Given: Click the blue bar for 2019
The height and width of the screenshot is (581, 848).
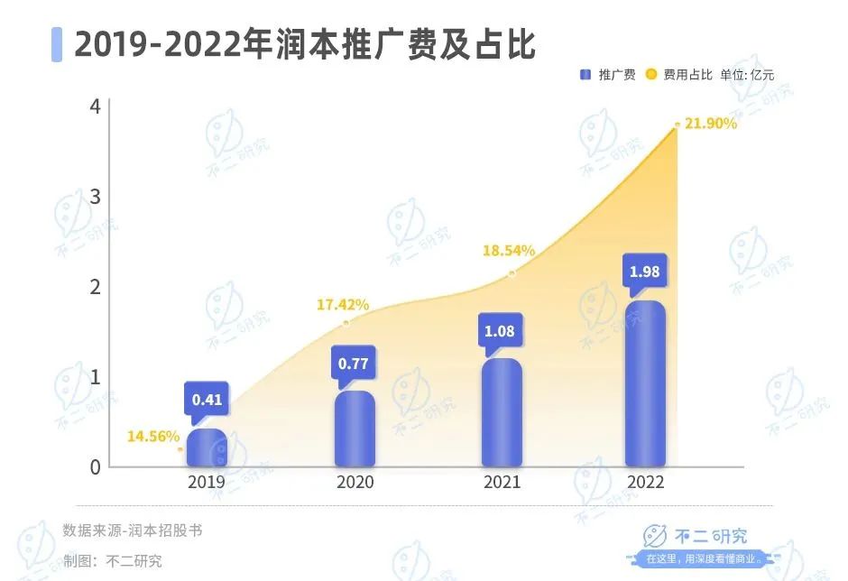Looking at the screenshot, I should point(207,447).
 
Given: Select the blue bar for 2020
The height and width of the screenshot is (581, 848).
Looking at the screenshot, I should point(355,429).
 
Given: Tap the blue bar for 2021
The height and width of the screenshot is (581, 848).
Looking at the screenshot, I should point(502,413).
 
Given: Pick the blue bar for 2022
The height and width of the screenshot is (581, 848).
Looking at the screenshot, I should point(645,384).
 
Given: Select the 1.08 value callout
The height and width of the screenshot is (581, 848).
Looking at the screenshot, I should point(499,331).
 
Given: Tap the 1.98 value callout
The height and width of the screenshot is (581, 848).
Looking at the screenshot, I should point(645,272).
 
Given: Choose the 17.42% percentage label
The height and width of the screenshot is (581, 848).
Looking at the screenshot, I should point(342,305).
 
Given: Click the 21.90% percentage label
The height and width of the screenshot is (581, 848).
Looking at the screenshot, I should point(711,124).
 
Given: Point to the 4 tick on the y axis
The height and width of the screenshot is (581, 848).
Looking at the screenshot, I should point(95,106).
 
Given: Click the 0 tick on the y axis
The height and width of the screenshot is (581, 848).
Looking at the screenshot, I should point(95,467).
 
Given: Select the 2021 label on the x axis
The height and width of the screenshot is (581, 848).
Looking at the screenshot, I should point(502,483).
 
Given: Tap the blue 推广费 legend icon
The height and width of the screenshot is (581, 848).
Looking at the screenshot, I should point(585,75).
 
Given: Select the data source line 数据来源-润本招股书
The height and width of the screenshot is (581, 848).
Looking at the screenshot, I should point(133,530).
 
